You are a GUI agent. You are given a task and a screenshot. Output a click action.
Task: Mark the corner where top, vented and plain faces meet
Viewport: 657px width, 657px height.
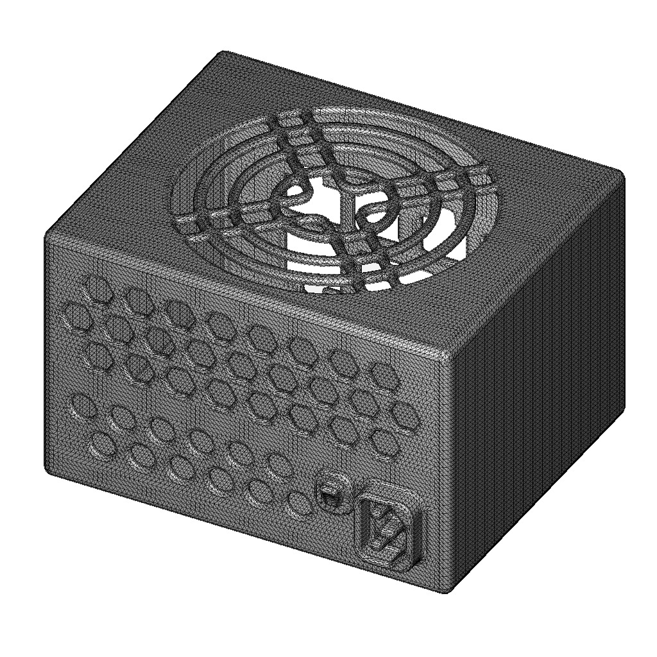pyautogui.click(x=450, y=353)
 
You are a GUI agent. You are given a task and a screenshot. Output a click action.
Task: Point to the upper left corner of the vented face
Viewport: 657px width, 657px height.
pyautogui.click(x=47, y=237)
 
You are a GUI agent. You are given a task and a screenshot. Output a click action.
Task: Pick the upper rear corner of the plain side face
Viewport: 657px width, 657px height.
pyautogui.click(x=621, y=173)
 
